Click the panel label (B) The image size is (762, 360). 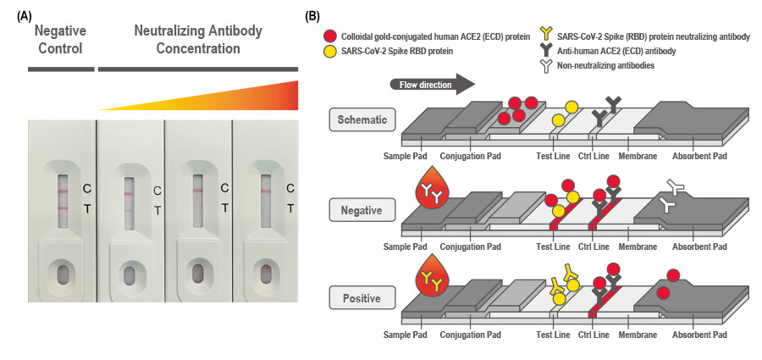click(312, 14)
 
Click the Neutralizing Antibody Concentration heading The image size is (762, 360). click(198, 40)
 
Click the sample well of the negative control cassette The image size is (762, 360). click(63, 275)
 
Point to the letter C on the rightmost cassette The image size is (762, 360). click(290, 188)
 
